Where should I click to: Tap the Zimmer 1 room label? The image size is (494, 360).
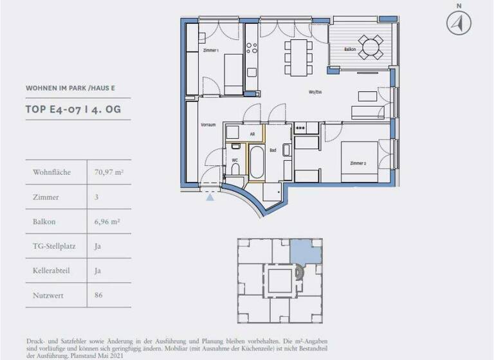(x=210, y=50)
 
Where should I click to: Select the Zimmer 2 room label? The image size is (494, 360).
(x=358, y=163)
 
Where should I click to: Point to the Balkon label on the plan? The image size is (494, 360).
(x=350, y=49)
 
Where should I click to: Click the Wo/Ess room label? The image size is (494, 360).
(x=315, y=93)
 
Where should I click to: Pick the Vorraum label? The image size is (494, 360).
(x=208, y=124)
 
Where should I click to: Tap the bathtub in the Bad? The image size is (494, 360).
(x=256, y=163)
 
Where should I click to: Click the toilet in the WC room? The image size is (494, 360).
(x=236, y=167)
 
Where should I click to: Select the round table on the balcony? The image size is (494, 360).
(x=370, y=46)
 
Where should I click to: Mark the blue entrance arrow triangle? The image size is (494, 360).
(x=210, y=197)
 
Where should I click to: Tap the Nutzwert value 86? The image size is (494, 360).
(x=98, y=295)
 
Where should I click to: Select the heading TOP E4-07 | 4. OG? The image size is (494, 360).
(x=73, y=110)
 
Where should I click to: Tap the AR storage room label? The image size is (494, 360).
(x=252, y=134)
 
